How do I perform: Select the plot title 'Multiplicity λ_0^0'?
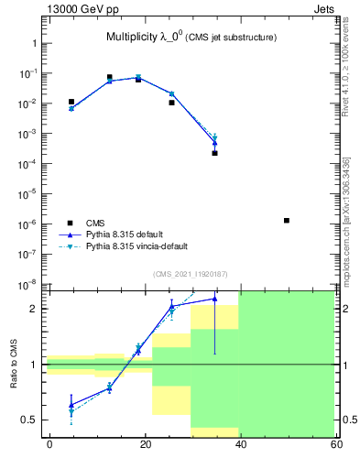(147, 37)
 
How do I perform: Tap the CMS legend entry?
(94, 223)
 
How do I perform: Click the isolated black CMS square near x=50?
(287, 221)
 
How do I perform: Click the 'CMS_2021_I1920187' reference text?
(190, 274)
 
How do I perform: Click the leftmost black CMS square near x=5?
(71, 102)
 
